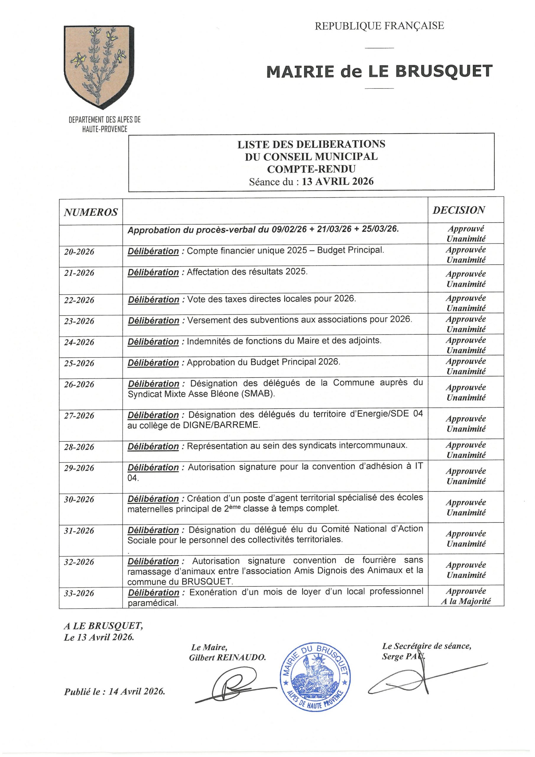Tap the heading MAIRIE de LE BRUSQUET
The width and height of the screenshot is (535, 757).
pos(379,72)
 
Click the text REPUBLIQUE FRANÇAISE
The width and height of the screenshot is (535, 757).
pos(379,26)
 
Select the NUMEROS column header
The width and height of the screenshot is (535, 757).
pos(91,212)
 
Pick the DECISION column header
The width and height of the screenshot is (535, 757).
pos(458,210)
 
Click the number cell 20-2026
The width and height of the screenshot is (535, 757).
pos(79,252)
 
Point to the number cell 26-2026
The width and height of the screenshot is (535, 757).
pos(79,384)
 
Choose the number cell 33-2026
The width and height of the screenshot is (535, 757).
pos(79,593)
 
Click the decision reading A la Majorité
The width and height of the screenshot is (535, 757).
pos(466,601)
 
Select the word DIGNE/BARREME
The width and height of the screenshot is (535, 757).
pos(221,425)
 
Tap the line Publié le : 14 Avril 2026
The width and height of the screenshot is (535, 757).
pos(114,692)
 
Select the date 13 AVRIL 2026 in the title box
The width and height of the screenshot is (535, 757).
pos(338,182)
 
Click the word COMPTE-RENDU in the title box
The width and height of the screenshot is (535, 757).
pos(311,169)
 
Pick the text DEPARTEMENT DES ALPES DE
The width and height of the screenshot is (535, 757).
pos(105,120)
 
